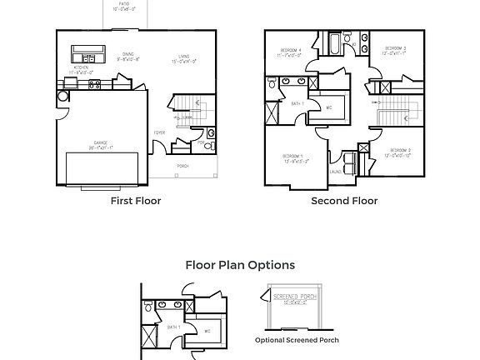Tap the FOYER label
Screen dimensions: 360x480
(x=158, y=132)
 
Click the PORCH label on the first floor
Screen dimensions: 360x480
(x=182, y=167)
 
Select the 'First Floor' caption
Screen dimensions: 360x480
(x=136, y=201)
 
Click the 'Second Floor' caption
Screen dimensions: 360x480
(x=344, y=201)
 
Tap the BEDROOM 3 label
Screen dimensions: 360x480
(x=395, y=49)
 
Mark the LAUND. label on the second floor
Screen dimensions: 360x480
(x=337, y=172)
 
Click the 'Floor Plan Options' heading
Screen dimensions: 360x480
(x=240, y=265)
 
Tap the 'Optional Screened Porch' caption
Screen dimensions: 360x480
(x=297, y=340)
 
